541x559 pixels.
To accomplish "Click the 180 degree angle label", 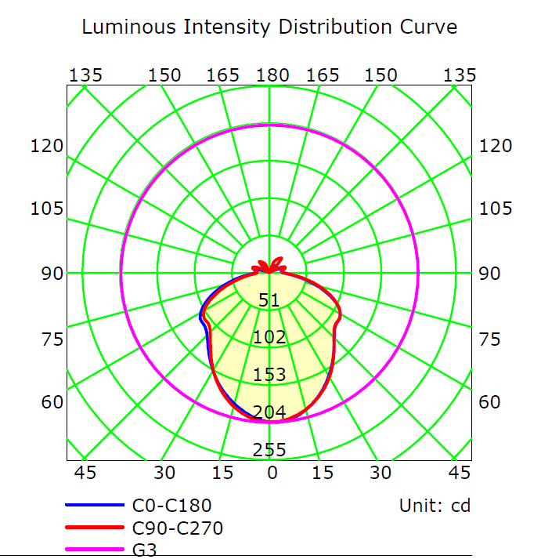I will pos(272,75).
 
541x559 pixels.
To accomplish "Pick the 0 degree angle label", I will pos(272,473).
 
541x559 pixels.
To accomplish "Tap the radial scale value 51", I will pos(269,300).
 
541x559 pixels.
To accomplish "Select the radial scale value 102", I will pos(269,338).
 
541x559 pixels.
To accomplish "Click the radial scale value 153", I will pos(269,375).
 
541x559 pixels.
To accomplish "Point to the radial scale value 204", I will pos(269,412).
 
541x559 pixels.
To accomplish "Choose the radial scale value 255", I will pos(269,450).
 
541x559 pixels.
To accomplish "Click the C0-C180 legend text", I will pos(172,506).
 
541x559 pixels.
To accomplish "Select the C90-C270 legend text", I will pos(178,528).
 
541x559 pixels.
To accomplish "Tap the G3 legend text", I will pos(145,550).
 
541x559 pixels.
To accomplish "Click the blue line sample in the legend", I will pos(93,506).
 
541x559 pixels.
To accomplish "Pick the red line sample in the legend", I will pos(93,528).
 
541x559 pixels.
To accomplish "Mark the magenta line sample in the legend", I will pos(93,550).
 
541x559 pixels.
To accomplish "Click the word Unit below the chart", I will pos(421,506).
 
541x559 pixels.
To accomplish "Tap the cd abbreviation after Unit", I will pos(460,506).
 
